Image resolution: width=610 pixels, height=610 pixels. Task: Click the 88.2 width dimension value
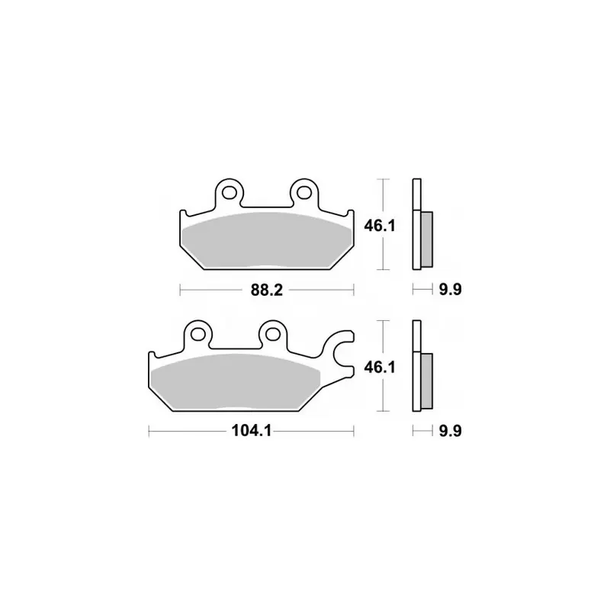tap(266, 290)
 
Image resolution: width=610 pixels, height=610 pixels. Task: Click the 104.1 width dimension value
tap(252, 431)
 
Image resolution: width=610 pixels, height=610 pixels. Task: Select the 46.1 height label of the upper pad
tap(379, 226)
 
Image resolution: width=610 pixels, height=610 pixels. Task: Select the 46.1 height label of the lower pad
tap(379, 368)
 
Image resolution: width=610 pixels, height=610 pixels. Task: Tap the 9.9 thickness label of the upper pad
tap(450, 290)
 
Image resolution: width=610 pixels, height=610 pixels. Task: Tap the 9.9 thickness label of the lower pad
tap(450, 431)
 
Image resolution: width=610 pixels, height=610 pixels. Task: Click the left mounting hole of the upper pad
tap(230, 192)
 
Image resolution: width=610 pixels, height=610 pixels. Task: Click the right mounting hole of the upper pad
tap(304, 192)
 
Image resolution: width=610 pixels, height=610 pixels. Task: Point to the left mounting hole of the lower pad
tap(198, 334)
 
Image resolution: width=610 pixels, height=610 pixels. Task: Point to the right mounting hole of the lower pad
tap(273, 334)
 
